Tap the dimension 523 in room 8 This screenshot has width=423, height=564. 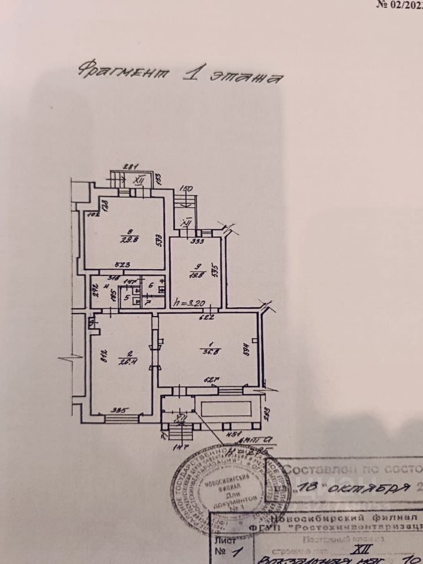(122, 265)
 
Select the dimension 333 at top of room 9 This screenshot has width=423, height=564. (197, 240)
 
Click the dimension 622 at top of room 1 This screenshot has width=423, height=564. (207, 318)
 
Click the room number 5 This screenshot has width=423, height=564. (126, 297)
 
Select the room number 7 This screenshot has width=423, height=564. (147, 301)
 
